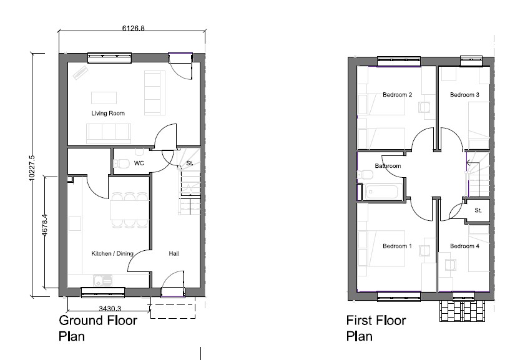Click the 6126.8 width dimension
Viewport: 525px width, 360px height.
pyautogui.click(x=133, y=28)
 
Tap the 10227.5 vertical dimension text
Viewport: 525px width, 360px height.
pyautogui.click(x=32, y=168)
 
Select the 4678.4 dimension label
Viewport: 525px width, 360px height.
pyautogui.click(x=45, y=225)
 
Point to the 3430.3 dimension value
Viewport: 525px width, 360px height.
pyautogui.click(x=110, y=308)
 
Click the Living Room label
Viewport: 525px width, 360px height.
pyautogui.click(x=108, y=114)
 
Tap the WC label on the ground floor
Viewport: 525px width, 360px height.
pyautogui.click(x=139, y=163)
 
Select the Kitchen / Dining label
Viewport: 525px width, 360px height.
pyautogui.click(x=112, y=253)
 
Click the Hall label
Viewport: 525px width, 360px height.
pyautogui.click(x=174, y=253)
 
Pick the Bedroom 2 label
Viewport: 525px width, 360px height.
pyautogui.click(x=398, y=95)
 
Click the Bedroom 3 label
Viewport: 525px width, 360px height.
pyautogui.click(x=464, y=95)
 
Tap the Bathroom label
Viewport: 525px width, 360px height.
pyautogui.click(x=388, y=166)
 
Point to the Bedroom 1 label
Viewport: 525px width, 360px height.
pyautogui.click(x=398, y=246)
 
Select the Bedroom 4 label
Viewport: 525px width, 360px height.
pyautogui.click(x=464, y=246)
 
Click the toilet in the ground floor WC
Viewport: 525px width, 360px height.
pyautogui.click(x=122, y=163)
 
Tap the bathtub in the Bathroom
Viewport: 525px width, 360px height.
pyautogui.click(x=381, y=192)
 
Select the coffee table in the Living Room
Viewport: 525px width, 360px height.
pyautogui.click(x=104, y=98)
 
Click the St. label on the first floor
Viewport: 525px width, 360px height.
pyautogui.click(x=478, y=210)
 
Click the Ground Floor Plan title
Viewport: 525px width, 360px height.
pyautogui.click(x=98, y=328)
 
